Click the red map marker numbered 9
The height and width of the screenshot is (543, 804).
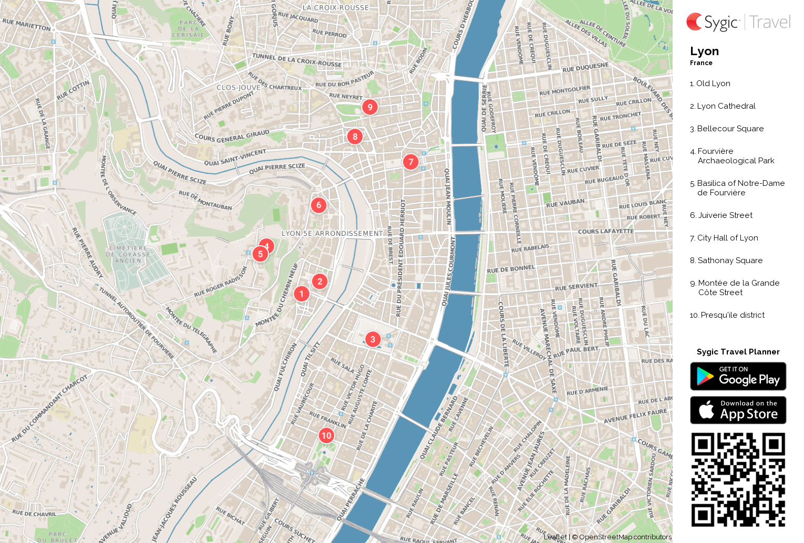370,107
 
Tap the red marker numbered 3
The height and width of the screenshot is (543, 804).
373,339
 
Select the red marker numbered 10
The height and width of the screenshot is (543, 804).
326,435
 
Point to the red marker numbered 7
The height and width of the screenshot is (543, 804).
411,162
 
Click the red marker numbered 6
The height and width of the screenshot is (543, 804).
318,205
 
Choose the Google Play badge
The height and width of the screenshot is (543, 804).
738,377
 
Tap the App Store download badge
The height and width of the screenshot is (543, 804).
738,410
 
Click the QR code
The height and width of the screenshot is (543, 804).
738,479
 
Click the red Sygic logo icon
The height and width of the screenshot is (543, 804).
694,22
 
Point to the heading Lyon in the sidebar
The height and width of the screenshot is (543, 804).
704,51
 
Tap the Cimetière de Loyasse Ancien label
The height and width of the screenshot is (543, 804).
128,254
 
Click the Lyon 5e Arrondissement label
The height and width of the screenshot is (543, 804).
332,233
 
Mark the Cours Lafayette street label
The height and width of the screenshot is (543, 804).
605,231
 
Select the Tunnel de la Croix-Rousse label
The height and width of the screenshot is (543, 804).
297,60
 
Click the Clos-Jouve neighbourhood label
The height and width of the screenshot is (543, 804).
238,87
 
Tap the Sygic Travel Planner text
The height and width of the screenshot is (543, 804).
738,352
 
